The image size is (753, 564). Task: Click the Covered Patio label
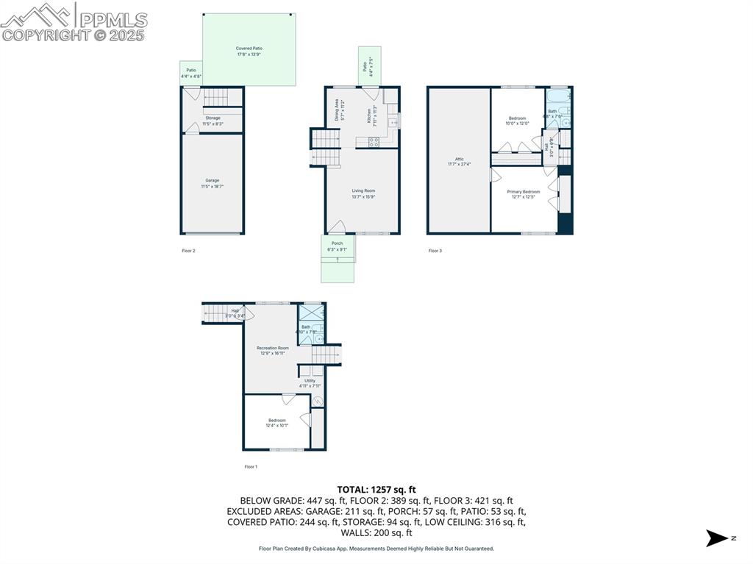coord(249,51)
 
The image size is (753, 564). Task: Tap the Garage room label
coord(212,183)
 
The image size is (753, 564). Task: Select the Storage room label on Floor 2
coord(213,121)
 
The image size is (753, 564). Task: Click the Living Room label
coord(363,193)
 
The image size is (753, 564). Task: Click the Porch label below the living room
coord(337,246)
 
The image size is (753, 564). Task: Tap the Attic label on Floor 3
coord(459,161)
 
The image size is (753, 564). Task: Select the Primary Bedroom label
coord(523,194)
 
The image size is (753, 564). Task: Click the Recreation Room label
coord(272,350)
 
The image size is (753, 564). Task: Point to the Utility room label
coord(310,383)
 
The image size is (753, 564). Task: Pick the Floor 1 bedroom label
coord(277,423)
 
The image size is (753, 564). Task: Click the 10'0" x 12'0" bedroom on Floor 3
coord(517,121)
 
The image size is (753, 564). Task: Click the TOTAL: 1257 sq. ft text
coord(376,489)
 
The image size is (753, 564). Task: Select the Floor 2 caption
coord(188,251)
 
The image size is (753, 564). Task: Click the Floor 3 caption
coord(435,251)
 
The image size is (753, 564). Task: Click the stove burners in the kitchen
coord(374,143)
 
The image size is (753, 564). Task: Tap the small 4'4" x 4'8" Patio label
coord(190,73)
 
